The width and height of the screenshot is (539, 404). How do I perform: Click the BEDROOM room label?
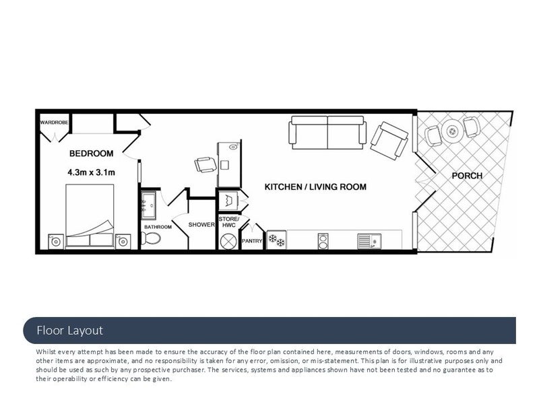tap(91, 154)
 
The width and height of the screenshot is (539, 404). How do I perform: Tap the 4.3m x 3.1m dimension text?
tap(91, 172)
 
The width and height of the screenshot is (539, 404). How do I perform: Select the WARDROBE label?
tap(55, 123)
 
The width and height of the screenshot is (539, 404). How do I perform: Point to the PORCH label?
tap(467, 176)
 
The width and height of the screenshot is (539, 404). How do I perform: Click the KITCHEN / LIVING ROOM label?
tap(315, 187)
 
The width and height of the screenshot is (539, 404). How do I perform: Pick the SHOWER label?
tap(201, 224)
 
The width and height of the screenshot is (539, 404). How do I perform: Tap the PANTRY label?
tap(252, 241)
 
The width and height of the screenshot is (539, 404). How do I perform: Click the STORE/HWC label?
tap(229, 222)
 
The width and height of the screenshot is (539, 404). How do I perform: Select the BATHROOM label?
tap(158, 227)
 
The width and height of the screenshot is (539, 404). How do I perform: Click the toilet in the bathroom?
tap(151, 238)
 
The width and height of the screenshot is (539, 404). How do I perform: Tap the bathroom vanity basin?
tap(148, 205)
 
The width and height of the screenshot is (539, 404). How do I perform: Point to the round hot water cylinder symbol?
tap(228, 241)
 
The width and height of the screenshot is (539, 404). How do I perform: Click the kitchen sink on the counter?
tap(369, 241)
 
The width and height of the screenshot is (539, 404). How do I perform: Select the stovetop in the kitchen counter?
tap(323, 241)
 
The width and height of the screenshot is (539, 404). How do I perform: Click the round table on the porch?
tap(452, 131)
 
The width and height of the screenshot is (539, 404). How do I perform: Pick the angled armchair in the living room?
tap(389, 141)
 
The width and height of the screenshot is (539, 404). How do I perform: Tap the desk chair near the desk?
tap(205, 165)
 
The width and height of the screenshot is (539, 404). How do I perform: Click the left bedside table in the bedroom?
tap(56, 242)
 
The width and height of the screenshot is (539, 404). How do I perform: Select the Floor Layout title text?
tap(70, 331)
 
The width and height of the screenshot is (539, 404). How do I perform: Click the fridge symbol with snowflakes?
tap(276, 240)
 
